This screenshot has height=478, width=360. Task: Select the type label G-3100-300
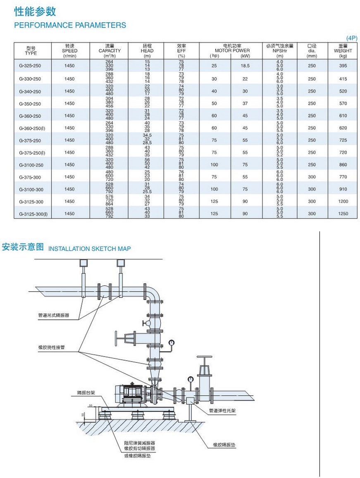[31, 189]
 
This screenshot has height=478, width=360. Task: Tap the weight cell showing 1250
[343, 214]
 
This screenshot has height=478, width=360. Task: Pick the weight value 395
[343, 66]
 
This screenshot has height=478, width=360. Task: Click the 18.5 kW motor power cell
[246, 66]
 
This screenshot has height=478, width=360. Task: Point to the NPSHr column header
[279, 50]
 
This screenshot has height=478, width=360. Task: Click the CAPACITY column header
[109, 50]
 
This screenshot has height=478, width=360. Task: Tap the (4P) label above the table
[352, 38]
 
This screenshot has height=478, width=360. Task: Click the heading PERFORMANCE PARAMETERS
[70, 25]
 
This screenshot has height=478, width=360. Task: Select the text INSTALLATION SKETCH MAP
[90, 249]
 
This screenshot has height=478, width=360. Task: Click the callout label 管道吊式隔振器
[53, 316]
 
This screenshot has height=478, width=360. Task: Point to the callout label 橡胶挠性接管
[51, 347]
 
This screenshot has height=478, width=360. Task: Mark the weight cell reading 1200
[343, 202]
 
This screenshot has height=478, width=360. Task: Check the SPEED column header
[70, 50]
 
